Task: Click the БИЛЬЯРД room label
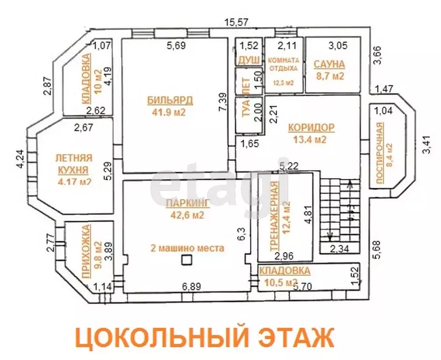coord(170,100)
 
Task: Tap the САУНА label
coord(329,64)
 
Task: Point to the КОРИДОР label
coord(311,127)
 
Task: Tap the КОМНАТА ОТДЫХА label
coord(283,64)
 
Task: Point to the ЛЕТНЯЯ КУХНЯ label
coord(74,164)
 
